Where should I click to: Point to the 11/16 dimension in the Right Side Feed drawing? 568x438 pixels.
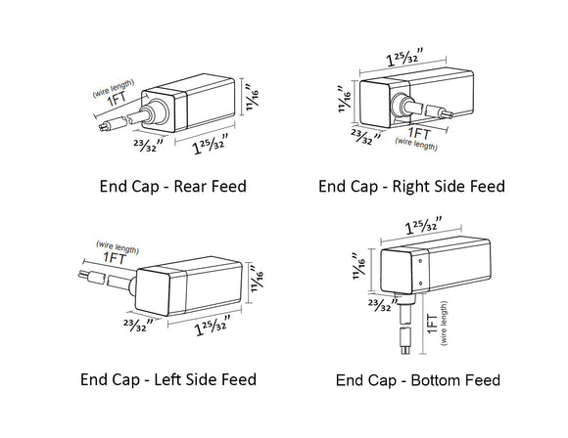click(x=344, y=98)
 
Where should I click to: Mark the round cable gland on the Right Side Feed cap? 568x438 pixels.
click(x=402, y=107)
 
